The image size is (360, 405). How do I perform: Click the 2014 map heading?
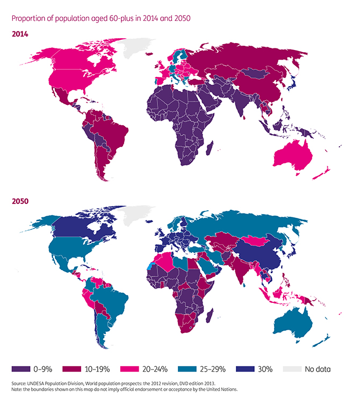coord(20,34)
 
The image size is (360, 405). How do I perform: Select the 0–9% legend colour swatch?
coord(21,369)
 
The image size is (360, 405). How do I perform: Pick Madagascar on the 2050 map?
coord(209,315)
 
